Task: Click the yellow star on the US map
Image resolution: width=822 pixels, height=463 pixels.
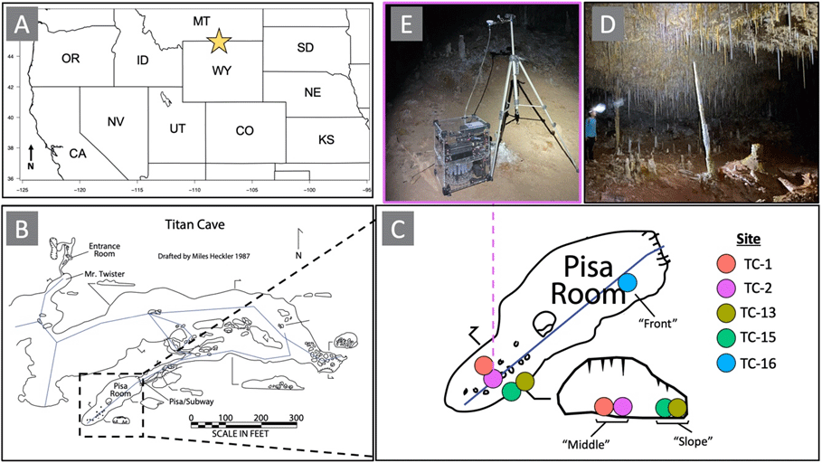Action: click(218, 41)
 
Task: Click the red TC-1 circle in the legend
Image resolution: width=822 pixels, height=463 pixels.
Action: click(724, 264)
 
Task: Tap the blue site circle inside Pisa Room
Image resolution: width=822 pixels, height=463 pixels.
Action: click(629, 282)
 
